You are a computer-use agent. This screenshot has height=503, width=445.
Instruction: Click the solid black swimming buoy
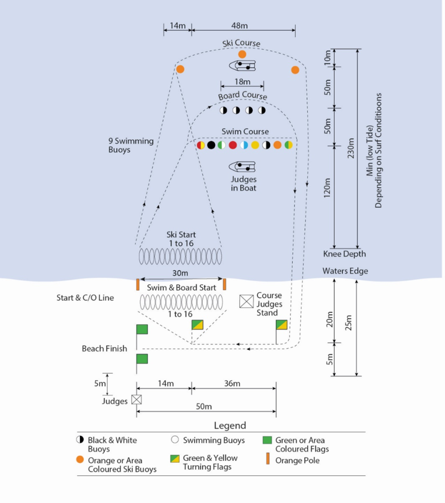click(211, 145)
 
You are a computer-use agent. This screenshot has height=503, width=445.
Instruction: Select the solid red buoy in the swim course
click(233, 145)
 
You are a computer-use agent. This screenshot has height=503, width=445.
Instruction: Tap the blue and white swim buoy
click(244, 145)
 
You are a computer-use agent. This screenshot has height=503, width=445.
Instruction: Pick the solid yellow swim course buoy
click(255, 145)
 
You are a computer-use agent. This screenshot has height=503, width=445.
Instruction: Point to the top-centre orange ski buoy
click(242, 54)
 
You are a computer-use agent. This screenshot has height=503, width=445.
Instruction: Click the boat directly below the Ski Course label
click(243, 66)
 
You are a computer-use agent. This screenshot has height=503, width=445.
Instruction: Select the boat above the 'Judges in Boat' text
click(242, 166)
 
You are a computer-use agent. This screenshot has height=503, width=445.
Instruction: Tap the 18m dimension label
click(242, 82)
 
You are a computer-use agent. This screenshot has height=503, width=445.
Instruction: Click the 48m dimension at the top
click(240, 26)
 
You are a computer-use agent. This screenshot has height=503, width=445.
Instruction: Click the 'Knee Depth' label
click(344, 254)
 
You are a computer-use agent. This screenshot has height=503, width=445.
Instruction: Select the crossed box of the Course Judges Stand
click(246, 301)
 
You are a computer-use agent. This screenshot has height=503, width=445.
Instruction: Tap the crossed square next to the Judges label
click(136, 399)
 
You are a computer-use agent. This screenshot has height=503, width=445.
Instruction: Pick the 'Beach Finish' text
click(105, 349)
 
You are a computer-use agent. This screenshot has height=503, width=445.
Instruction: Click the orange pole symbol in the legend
click(268, 460)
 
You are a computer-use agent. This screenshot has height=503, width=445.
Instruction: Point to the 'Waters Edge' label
click(345, 271)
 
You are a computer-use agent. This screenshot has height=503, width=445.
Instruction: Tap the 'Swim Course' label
click(245, 132)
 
